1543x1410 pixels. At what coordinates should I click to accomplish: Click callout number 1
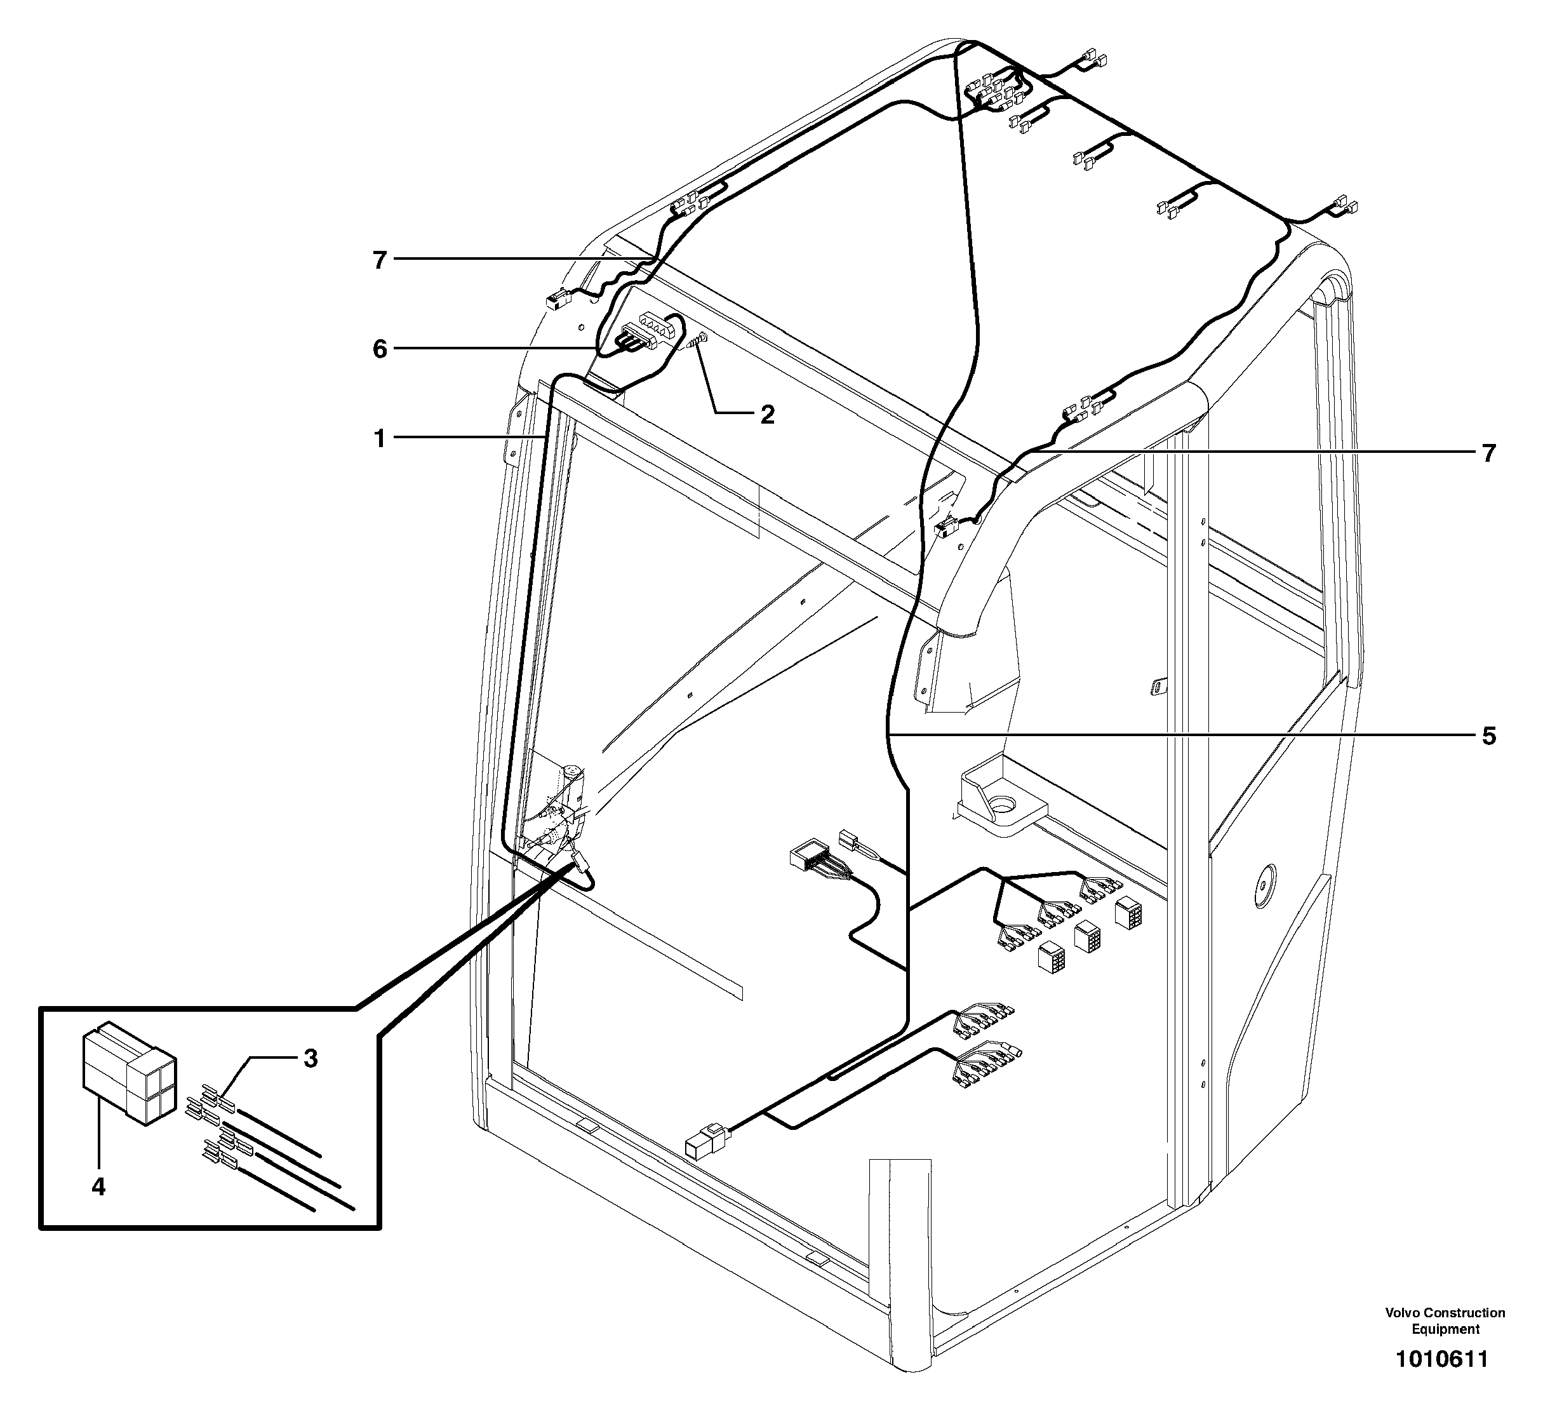[x=380, y=440]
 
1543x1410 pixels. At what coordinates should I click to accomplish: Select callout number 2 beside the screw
[x=766, y=415]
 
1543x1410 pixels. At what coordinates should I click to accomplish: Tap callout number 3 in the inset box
[x=310, y=1059]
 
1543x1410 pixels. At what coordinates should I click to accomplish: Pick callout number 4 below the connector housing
[x=98, y=1187]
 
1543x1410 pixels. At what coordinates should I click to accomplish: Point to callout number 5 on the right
[x=1488, y=736]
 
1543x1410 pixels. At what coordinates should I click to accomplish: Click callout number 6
[x=380, y=350]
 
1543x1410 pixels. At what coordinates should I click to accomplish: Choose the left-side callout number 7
[x=380, y=261]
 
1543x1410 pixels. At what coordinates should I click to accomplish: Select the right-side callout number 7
[x=1488, y=454]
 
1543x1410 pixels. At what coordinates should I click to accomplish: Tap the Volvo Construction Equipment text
[x=1445, y=1320]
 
